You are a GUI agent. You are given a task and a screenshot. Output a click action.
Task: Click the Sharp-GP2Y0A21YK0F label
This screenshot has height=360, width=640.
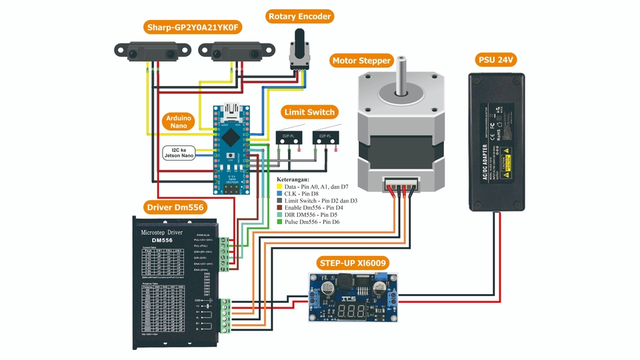(193, 27)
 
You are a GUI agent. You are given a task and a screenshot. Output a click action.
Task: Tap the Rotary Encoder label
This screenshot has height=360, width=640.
(299, 16)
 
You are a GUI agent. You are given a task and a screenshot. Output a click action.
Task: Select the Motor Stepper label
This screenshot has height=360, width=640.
(361, 61)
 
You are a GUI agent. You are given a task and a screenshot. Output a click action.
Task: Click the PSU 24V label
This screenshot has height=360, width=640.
(497, 60)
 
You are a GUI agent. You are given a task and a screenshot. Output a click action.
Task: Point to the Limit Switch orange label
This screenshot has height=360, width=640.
(309, 112)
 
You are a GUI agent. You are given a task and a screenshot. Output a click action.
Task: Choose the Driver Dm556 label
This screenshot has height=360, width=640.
(175, 207)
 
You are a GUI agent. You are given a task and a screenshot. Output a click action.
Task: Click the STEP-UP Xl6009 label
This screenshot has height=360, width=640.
(352, 263)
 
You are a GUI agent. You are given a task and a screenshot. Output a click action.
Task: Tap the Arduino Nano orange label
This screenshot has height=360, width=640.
(178, 122)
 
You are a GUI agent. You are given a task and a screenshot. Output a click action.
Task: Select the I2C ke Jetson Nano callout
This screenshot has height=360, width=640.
(179, 153)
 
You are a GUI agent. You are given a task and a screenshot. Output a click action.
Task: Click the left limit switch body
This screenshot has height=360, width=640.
(288, 137)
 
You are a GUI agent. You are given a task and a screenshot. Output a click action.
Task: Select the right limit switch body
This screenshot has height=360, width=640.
(326, 137)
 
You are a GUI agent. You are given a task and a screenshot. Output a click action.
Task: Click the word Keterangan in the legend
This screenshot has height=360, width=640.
(293, 179)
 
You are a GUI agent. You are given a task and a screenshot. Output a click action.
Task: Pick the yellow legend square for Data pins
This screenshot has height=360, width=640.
(279, 187)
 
